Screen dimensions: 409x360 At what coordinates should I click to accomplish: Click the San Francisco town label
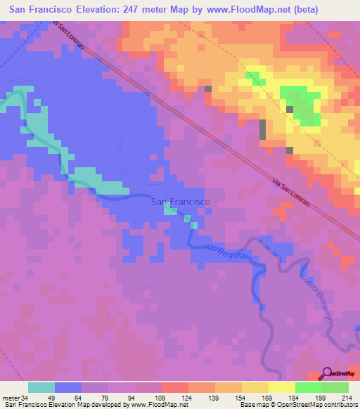tap(180, 202)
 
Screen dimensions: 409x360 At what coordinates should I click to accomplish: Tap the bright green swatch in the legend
tap(308, 387)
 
